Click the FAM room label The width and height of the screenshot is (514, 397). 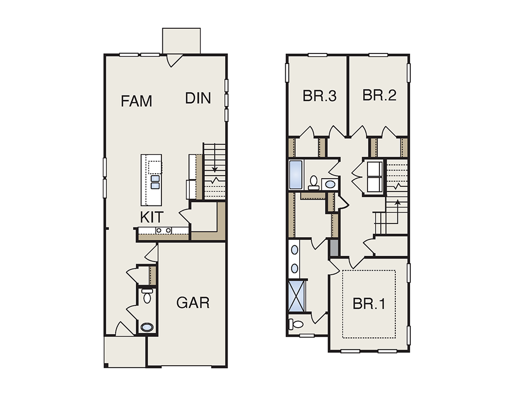(x=136, y=101)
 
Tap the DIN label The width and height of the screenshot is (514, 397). (x=198, y=98)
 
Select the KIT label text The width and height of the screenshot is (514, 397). (x=152, y=217)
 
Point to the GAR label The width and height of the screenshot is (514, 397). (x=193, y=303)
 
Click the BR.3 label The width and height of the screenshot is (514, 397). (x=320, y=96)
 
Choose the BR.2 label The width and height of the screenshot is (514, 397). (x=379, y=95)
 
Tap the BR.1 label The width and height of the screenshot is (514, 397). (x=369, y=304)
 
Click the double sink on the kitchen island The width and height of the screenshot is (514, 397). (x=155, y=182)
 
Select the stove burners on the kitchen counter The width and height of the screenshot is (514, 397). (x=163, y=230)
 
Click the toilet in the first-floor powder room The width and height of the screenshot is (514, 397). (x=147, y=296)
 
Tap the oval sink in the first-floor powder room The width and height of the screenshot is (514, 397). (x=147, y=327)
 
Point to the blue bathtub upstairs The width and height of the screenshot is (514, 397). (x=296, y=174)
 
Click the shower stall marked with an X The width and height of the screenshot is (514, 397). (x=297, y=296)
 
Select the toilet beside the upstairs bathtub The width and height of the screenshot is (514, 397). (x=314, y=183)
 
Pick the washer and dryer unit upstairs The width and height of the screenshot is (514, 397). (x=374, y=177)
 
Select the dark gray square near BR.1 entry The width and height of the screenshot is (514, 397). (x=334, y=248)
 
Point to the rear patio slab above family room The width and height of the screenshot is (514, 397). (x=181, y=41)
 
